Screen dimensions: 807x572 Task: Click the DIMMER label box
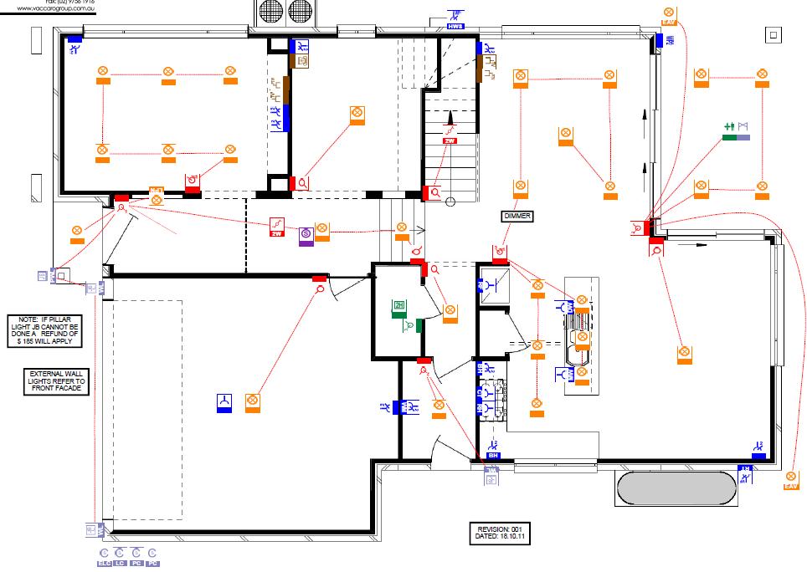(x=517, y=216)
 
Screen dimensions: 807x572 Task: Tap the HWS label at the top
(x=455, y=27)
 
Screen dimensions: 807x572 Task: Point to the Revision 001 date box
(x=499, y=533)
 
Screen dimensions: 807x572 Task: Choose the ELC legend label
(x=105, y=563)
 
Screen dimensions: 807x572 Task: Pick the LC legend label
(x=121, y=563)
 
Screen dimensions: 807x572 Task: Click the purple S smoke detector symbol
(x=306, y=233)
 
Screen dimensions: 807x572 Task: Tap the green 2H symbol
(x=399, y=306)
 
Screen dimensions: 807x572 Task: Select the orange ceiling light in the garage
(x=252, y=402)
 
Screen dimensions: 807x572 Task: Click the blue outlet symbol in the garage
(x=224, y=402)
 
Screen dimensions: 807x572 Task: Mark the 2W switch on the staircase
(x=450, y=141)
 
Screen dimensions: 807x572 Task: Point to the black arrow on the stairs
(x=450, y=119)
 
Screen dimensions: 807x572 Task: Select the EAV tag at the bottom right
(x=791, y=486)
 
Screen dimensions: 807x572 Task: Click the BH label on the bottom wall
(x=494, y=455)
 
